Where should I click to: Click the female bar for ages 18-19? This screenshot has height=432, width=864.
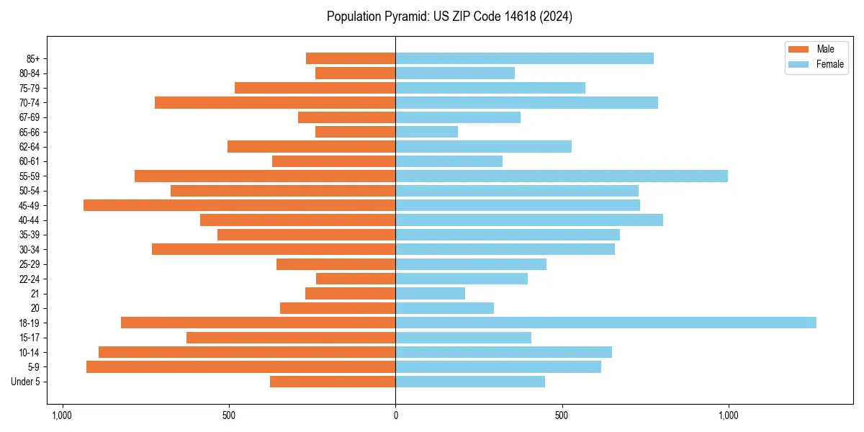pos(606,323)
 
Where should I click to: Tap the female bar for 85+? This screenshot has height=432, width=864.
pos(524,58)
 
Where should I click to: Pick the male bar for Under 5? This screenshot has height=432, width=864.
pos(333,382)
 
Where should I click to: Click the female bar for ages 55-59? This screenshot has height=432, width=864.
pos(562,176)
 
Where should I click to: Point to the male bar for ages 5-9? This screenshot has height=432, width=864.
pos(240,366)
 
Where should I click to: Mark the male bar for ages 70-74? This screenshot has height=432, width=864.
pos(275,102)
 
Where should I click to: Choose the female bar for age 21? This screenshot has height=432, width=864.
pos(430,293)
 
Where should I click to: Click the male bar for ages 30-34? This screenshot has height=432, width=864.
pos(274,249)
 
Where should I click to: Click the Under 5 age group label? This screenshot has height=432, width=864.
pos(26,382)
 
